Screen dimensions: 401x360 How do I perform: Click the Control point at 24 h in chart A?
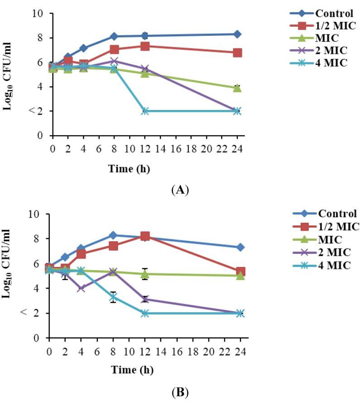coord(237,34)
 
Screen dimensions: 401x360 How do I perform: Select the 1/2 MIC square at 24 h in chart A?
coord(237,53)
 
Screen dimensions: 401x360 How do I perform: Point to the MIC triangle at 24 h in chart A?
coord(237,88)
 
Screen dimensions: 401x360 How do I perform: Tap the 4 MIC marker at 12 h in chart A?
coord(145,111)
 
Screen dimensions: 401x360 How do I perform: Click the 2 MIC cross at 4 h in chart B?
coord(81,288)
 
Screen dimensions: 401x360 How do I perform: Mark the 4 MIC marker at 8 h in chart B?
coord(113,297)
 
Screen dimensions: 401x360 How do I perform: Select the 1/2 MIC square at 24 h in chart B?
coord(240,272)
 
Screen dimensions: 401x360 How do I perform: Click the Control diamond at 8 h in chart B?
coord(113,235)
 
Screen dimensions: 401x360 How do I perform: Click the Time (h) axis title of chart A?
coord(129,169)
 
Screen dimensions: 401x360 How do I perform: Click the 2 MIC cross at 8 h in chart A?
coord(114,61)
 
